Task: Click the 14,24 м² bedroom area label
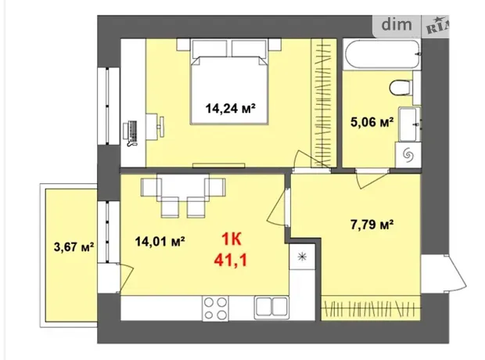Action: pos(231,108)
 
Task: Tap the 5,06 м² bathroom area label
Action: pos(372,122)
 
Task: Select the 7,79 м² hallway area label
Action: pos(372,225)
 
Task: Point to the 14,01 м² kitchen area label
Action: pos(160,241)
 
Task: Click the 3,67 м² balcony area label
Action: pos(74,247)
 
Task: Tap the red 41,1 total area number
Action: pos(231,261)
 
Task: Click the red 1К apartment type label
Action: pos(232,239)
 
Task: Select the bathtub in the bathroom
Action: pos(382,54)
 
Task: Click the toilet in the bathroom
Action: pos(401,88)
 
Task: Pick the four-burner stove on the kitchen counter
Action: pos(215,308)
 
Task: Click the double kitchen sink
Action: pos(271,308)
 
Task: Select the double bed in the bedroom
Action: pos(229,90)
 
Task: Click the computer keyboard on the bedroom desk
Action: pos(133,130)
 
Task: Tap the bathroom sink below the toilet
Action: pos(409,124)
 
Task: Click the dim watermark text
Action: pos(397,24)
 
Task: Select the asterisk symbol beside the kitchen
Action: pos(302,257)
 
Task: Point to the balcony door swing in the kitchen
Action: pos(125,278)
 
